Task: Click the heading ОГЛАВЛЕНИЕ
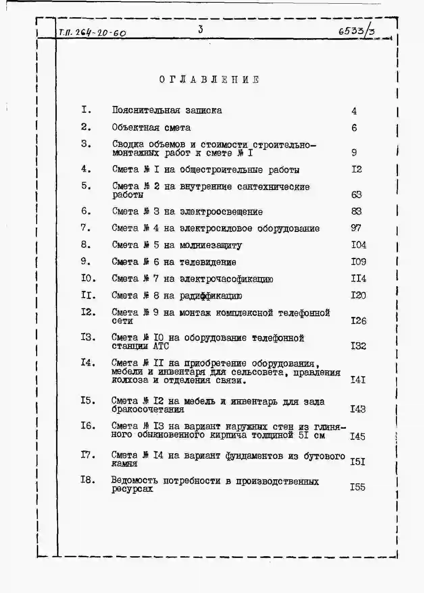pos(209,80)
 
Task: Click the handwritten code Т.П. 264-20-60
pos(92,33)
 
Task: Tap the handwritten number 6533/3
pos(356,31)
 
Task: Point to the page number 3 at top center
pos(201,30)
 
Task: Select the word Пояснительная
pos(146,110)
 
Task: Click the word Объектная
pos(136,128)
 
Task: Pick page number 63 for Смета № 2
pos(356,194)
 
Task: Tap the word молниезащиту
pos(210,245)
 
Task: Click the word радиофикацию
pos(210,296)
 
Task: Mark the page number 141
pos(358,380)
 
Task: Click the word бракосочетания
pos(148,409)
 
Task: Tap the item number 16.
pos(88,426)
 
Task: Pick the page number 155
pos(357,487)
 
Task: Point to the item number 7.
pos(86,228)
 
